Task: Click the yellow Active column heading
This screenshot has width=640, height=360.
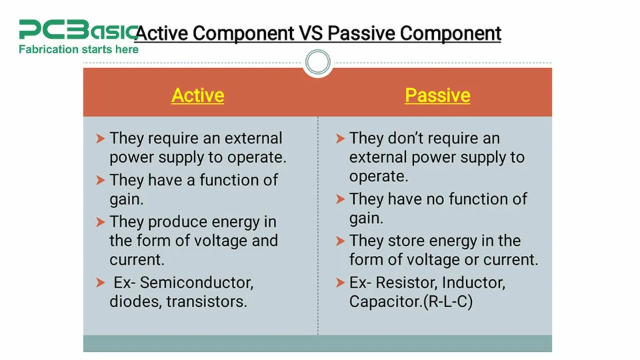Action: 197,95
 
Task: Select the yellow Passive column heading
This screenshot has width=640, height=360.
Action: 437,95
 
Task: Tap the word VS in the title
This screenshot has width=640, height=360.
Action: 311,33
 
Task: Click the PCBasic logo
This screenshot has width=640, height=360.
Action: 77,30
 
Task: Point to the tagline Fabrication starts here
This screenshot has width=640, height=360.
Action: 79,49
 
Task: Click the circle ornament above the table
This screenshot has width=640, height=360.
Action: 317,63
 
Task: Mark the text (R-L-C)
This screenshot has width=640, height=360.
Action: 448,301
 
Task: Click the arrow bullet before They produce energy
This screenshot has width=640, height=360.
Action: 100,222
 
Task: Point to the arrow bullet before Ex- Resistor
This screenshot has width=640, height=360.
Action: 340,282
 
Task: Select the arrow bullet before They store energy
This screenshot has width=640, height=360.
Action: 340,241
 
